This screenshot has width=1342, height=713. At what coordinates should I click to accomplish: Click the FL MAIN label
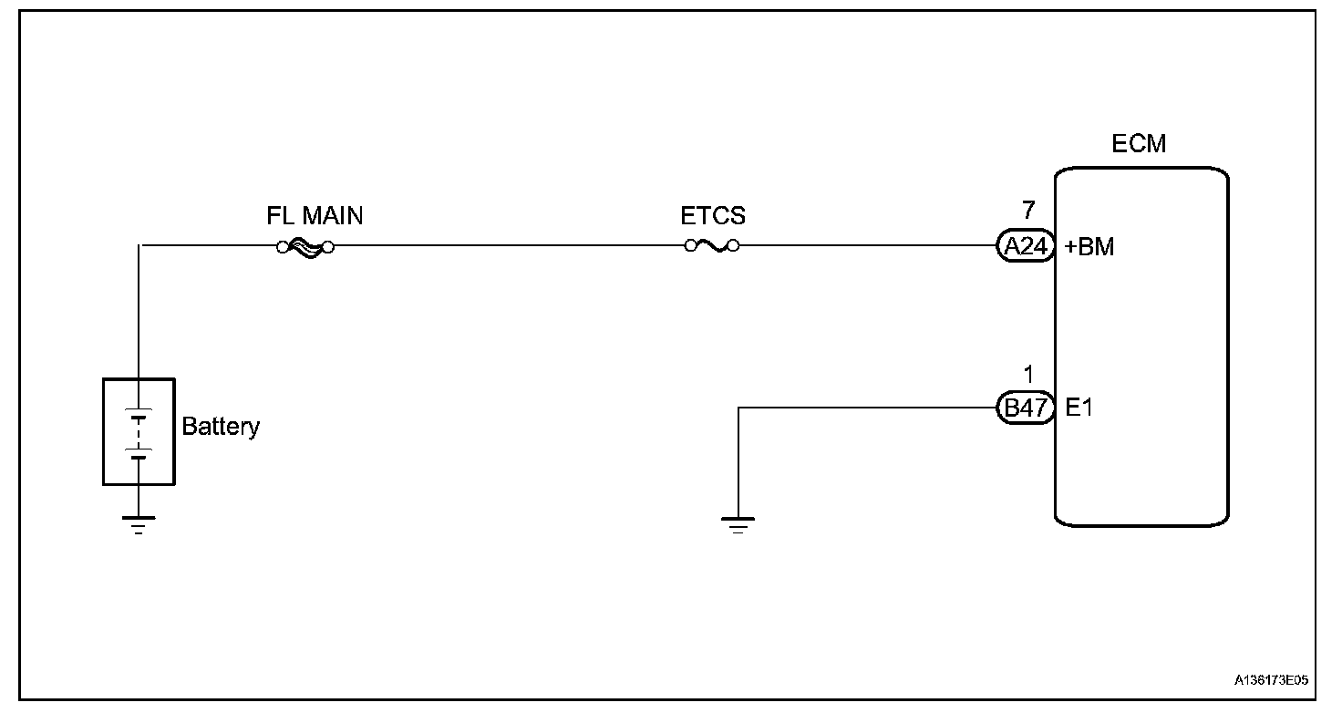click(x=315, y=216)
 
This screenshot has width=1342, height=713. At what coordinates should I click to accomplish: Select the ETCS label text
click(x=713, y=216)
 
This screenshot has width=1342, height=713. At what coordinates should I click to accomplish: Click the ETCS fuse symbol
click(x=712, y=245)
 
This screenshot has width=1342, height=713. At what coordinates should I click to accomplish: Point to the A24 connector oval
click(x=1026, y=246)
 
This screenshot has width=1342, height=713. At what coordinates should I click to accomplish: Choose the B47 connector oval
click(x=1026, y=408)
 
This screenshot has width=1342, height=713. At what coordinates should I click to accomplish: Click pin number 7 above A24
click(x=1028, y=212)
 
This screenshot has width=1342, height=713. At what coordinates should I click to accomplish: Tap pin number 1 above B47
click(x=1028, y=375)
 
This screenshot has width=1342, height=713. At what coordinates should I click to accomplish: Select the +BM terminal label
click(x=1089, y=247)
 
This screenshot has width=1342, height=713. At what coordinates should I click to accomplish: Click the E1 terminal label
click(x=1079, y=408)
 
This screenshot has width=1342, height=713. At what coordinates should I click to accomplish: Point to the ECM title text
click(x=1139, y=144)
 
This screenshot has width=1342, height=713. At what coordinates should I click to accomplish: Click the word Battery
click(x=221, y=426)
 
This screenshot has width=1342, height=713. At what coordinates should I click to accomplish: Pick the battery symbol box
click(x=139, y=431)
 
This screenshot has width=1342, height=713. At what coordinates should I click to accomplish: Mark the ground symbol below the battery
click(x=139, y=524)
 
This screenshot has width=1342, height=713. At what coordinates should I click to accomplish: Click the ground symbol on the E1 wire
click(x=738, y=524)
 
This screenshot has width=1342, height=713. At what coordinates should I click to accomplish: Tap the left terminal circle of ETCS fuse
click(x=690, y=245)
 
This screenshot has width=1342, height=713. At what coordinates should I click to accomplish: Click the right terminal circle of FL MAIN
click(x=328, y=246)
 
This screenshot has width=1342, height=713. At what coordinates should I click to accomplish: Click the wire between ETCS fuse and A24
click(x=866, y=245)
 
